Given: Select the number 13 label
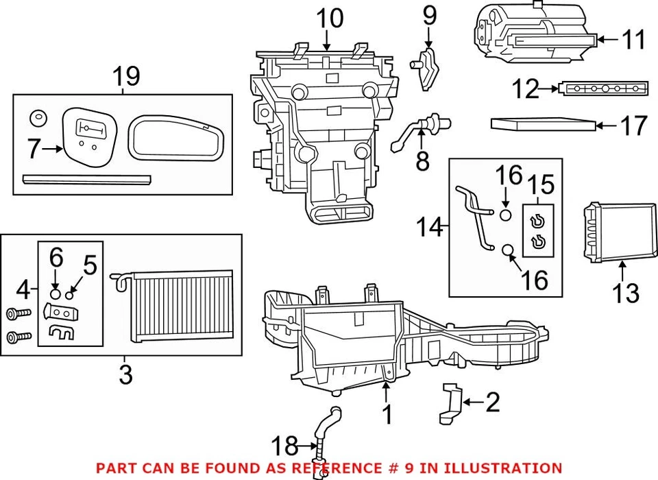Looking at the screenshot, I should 626,293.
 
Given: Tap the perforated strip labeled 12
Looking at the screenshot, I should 604,88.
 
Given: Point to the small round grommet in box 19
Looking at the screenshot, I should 38,119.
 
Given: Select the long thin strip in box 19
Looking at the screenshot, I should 86,179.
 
